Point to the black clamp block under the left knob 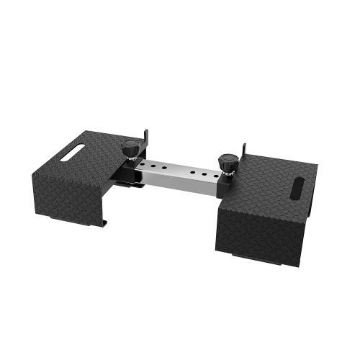point(134,173)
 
